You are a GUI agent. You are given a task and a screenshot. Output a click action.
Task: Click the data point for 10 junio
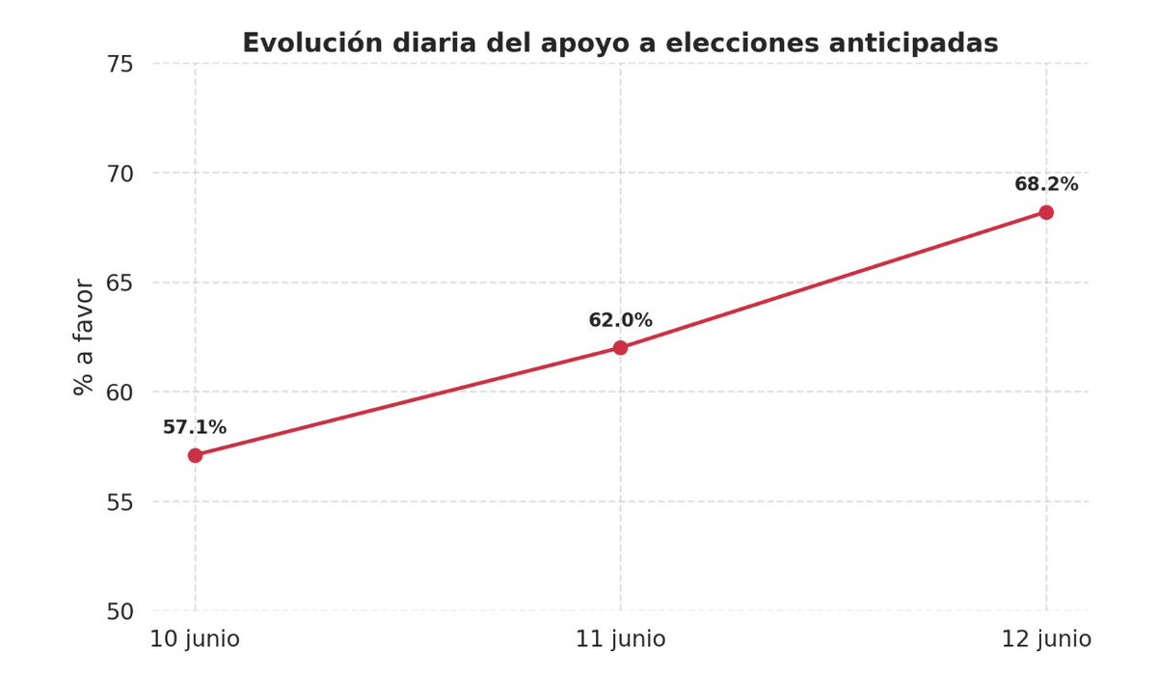tap(195, 455)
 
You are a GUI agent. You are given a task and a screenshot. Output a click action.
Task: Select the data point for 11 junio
tap(620, 347)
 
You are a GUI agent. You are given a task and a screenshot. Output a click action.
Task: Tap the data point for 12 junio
tap(1046, 212)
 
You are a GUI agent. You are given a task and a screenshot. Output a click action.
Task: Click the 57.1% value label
tap(195, 427)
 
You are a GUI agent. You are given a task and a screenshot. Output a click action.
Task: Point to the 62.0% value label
tap(620, 320)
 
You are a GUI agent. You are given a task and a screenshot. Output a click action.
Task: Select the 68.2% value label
tap(1046, 184)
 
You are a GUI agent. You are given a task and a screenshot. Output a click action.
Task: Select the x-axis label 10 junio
tap(195, 639)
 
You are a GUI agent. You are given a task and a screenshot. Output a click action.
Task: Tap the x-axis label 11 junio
tap(620, 639)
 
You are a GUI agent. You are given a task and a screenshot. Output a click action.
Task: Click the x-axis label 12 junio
tap(1046, 639)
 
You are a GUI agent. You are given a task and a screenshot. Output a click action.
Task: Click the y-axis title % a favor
tap(85, 338)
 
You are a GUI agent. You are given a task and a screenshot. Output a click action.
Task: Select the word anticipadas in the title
tap(909, 43)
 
